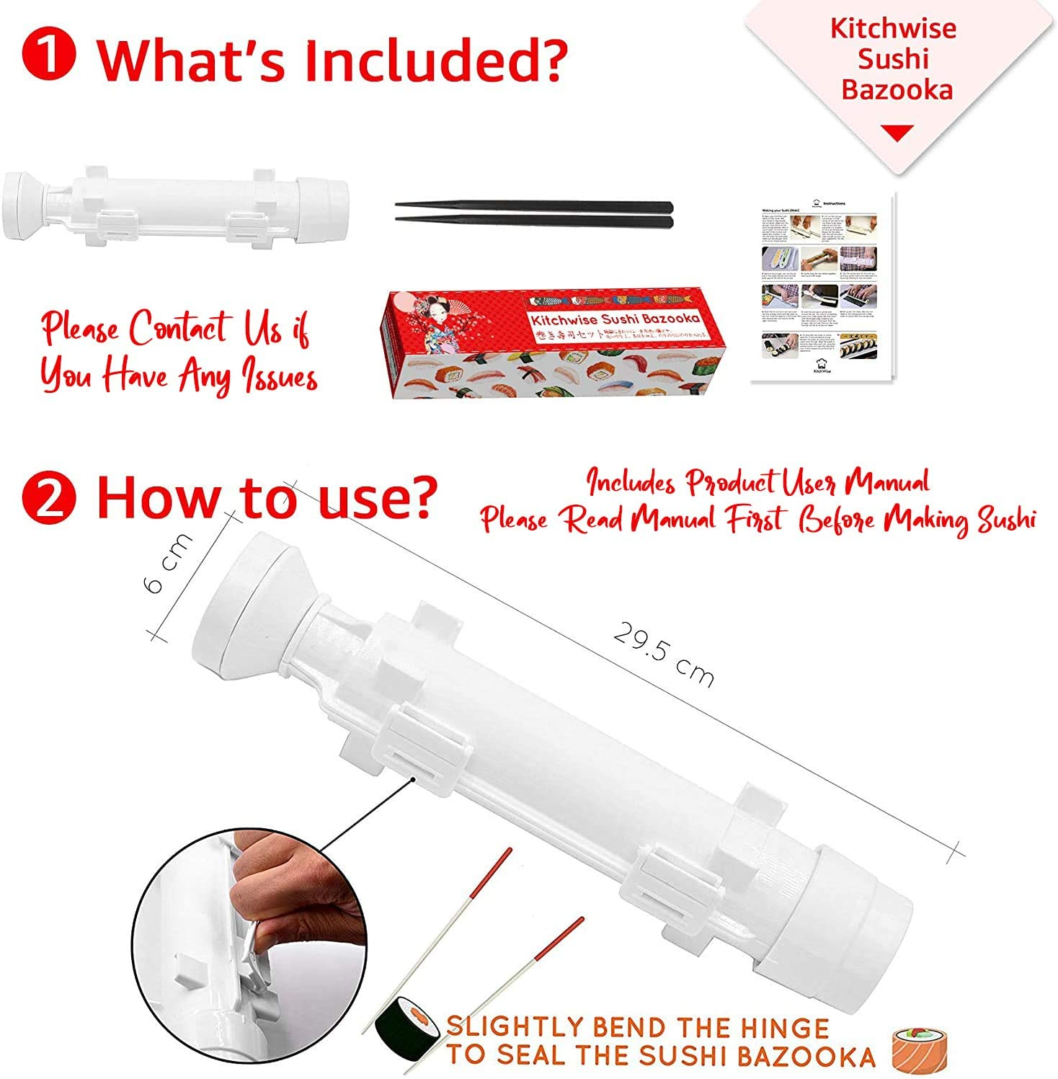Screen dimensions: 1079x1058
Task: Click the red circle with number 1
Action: coord(48,57)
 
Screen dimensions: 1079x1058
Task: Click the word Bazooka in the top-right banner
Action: coord(897,90)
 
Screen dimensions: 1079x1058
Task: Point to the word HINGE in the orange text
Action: coord(778,1028)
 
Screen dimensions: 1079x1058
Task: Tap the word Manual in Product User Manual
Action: coord(886,482)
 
